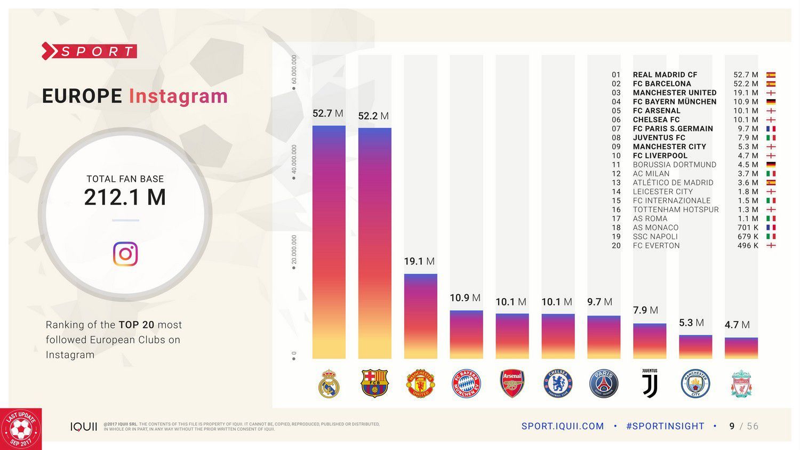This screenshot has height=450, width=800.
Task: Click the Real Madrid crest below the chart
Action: [x=329, y=384]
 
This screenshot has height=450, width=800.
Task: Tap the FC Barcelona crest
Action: [x=374, y=384]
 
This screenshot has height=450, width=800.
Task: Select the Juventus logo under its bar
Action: [x=650, y=383]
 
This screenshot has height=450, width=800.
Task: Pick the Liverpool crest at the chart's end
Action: [x=741, y=384]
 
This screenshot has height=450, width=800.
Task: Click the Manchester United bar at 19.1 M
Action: [x=420, y=316]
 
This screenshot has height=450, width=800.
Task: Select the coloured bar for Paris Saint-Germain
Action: [x=604, y=337]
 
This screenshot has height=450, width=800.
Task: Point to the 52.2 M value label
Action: [x=373, y=116]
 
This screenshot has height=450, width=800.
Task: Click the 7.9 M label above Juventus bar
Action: [x=645, y=310]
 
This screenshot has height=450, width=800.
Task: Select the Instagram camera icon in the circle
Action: [x=125, y=254]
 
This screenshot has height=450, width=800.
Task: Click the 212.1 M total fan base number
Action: [x=125, y=197]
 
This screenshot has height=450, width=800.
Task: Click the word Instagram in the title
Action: [x=178, y=97]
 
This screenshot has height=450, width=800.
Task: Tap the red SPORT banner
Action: [x=90, y=52]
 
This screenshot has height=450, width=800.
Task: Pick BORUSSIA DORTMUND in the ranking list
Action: [x=674, y=165]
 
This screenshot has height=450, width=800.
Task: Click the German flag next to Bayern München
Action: [x=771, y=102]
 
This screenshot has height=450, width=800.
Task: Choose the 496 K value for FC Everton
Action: [x=748, y=246]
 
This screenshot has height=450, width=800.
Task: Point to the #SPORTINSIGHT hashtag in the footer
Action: [x=665, y=426]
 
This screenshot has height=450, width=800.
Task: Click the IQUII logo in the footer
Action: [x=84, y=427]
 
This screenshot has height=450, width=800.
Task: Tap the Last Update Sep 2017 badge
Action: [x=21, y=429]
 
